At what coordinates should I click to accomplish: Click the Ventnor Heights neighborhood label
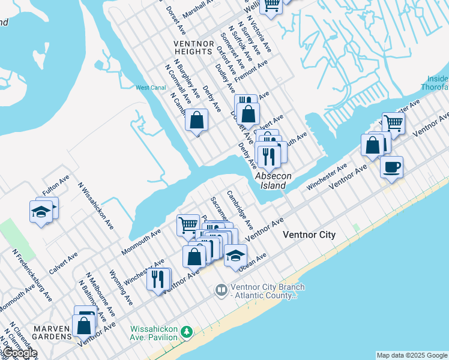(x=193, y=47)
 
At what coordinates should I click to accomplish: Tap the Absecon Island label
(x=273, y=181)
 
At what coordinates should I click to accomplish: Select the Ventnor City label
(x=309, y=235)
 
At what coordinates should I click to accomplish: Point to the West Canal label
(x=150, y=88)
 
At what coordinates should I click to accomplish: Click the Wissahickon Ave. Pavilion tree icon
(x=187, y=331)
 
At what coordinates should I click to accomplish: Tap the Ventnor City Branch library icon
(x=221, y=290)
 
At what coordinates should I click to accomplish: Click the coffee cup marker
(x=391, y=167)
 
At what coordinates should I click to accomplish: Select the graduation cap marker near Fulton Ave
(x=41, y=212)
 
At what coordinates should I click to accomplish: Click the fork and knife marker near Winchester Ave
(x=158, y=280)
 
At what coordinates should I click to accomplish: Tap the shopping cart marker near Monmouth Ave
(x=188, y=225)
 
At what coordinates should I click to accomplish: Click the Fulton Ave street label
(x=56, y=186)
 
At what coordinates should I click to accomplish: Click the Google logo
(x=20, y=353)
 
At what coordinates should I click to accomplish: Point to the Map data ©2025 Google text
(x=411, y=355)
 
